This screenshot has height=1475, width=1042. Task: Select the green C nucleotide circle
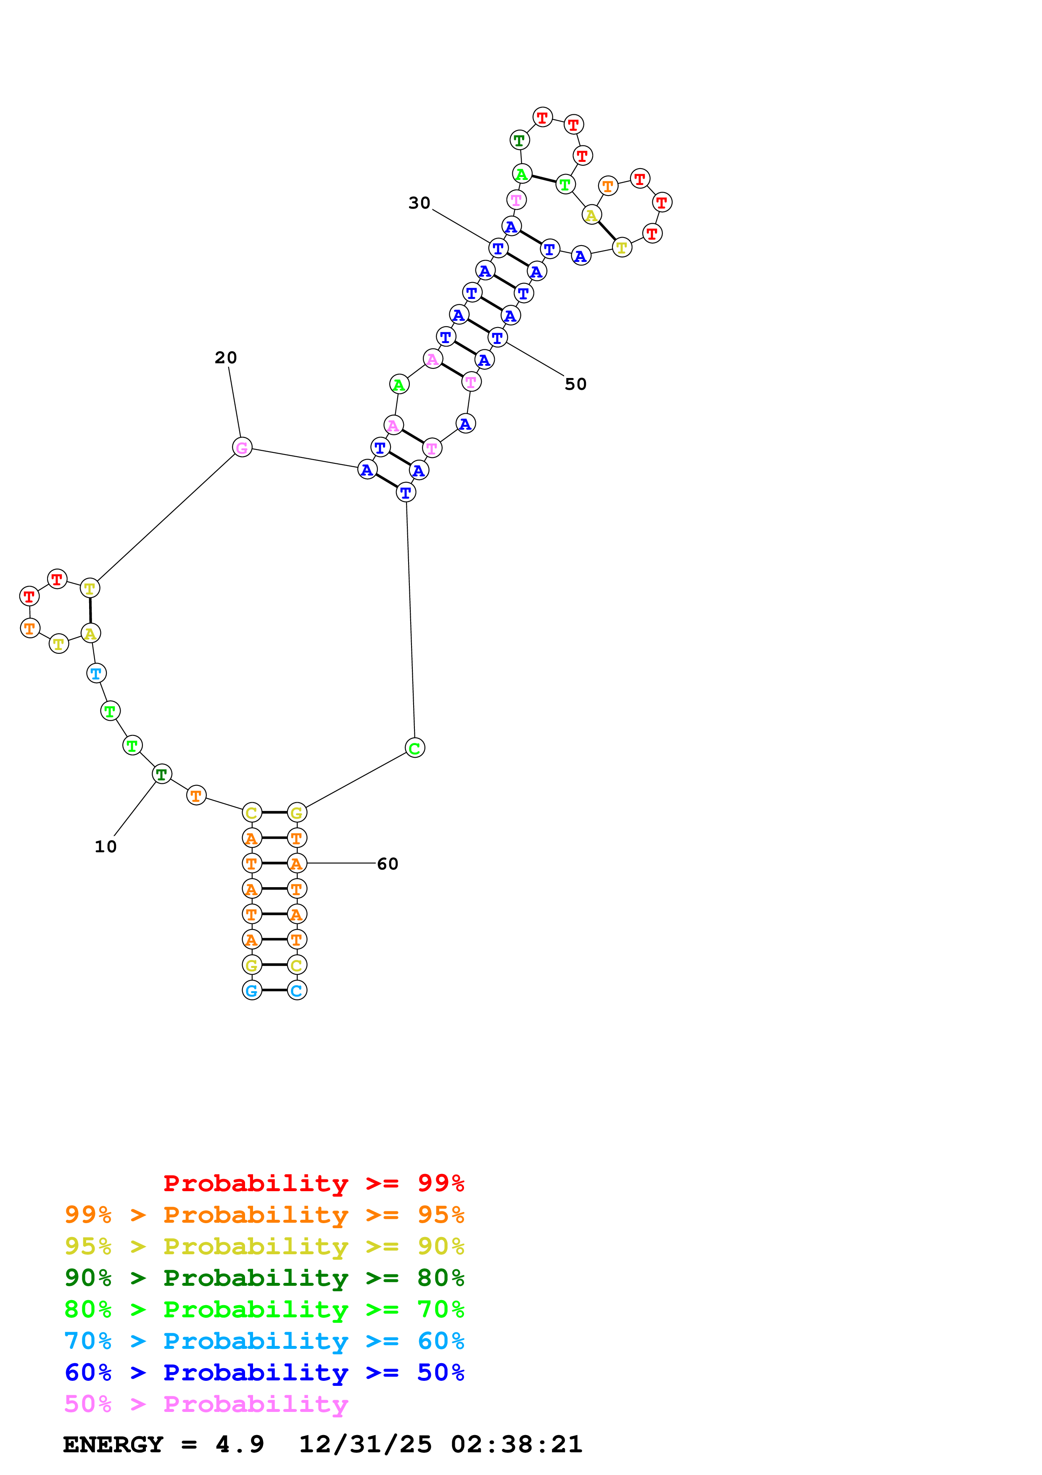coord(415,748)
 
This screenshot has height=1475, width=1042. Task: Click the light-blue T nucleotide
coord(96,673)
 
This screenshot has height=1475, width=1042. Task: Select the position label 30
coord(419,203)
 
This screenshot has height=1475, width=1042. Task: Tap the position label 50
coord(575,384)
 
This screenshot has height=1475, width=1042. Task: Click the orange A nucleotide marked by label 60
coord(297,863)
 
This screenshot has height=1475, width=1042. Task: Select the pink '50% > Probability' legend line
coord(206,1404)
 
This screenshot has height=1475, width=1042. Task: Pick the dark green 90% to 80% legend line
coord(264,1278)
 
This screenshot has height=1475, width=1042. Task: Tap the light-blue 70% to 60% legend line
coord(264,1341)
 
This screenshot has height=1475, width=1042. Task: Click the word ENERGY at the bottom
coord(113,1445)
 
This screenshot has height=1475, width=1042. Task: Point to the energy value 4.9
coord(240,1445)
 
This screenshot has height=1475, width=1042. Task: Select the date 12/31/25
coord(365,1445)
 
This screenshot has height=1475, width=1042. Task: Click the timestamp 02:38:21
coord(517,1445)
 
